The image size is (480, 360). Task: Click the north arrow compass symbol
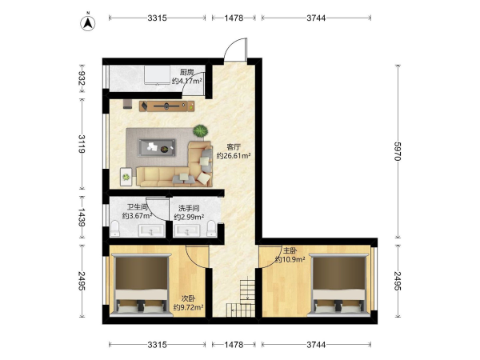[88, 23]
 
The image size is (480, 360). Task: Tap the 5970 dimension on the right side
[398, 151]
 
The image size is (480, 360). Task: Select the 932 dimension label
[82, 78]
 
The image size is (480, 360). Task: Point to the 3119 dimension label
[82, 143]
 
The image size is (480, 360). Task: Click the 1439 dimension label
[82, 218]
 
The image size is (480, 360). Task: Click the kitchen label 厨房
[186, 72]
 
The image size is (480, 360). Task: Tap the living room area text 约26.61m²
[234, 156]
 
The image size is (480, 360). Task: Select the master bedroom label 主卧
[290, 250]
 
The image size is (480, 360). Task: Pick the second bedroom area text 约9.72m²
[189, 307]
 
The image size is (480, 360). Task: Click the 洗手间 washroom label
[189, 209]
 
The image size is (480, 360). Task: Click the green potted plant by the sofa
[201, 131]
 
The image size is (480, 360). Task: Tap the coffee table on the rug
[157, 148]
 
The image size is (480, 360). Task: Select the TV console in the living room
[167, 106]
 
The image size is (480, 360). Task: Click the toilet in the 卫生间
[114, 228]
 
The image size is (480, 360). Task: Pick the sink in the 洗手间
[186, 231]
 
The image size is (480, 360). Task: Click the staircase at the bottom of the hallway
[242, 297]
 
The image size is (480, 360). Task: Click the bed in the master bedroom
[338, 284]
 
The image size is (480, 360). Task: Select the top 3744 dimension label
[316, 18]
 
